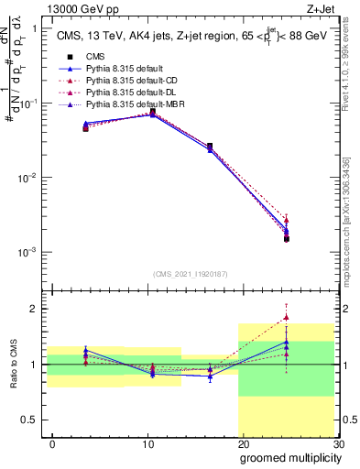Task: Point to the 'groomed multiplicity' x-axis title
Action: (289, 457)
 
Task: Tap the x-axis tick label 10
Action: (147, 442)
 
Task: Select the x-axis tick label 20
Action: (243, 442)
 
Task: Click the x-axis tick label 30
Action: (338, 442)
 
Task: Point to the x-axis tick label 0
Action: (52, 442)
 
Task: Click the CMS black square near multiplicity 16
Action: (210, 146)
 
